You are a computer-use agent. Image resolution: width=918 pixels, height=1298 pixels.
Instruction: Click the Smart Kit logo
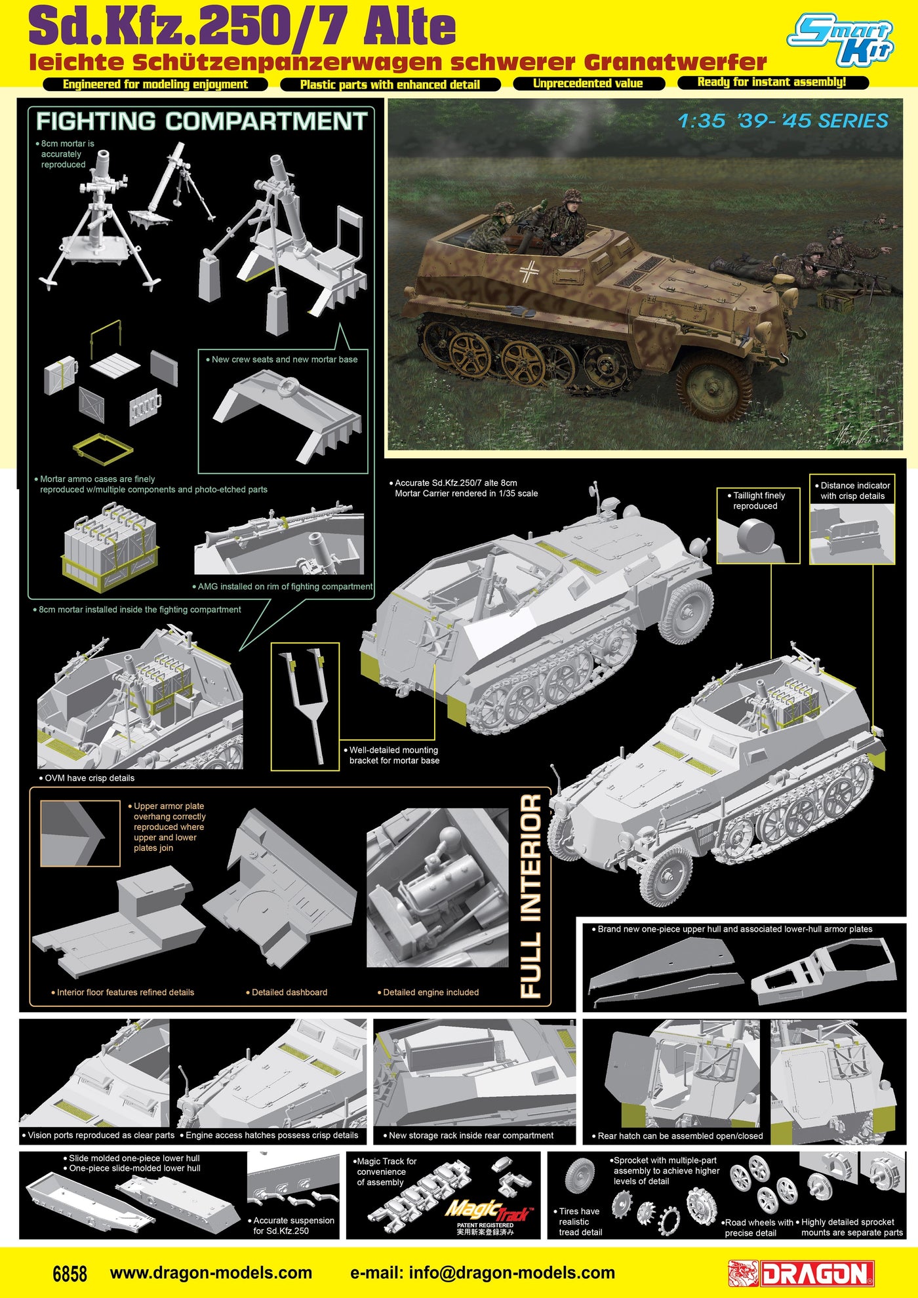point(841,39)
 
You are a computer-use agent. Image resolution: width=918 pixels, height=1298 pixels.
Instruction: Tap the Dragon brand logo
point(801,1274)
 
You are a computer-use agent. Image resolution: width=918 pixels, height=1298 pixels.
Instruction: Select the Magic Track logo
point(489,1210)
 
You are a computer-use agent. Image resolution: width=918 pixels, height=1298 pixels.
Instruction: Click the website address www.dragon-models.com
point(211,1273)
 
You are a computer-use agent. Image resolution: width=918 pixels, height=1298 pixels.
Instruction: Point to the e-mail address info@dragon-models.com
point(483,1273)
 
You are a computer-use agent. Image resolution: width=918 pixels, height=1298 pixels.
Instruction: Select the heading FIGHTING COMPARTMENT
point(201,121)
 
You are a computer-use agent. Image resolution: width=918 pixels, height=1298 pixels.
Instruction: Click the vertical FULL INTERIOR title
point(530,895)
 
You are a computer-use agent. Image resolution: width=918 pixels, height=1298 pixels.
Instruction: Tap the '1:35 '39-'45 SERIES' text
point(783,121)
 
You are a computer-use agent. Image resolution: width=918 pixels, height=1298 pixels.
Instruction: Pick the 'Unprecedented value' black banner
point(588,83)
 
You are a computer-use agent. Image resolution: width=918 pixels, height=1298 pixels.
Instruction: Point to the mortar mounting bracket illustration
point(306,705)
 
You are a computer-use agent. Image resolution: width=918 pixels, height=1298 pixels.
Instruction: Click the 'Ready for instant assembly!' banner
point(772,82)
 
